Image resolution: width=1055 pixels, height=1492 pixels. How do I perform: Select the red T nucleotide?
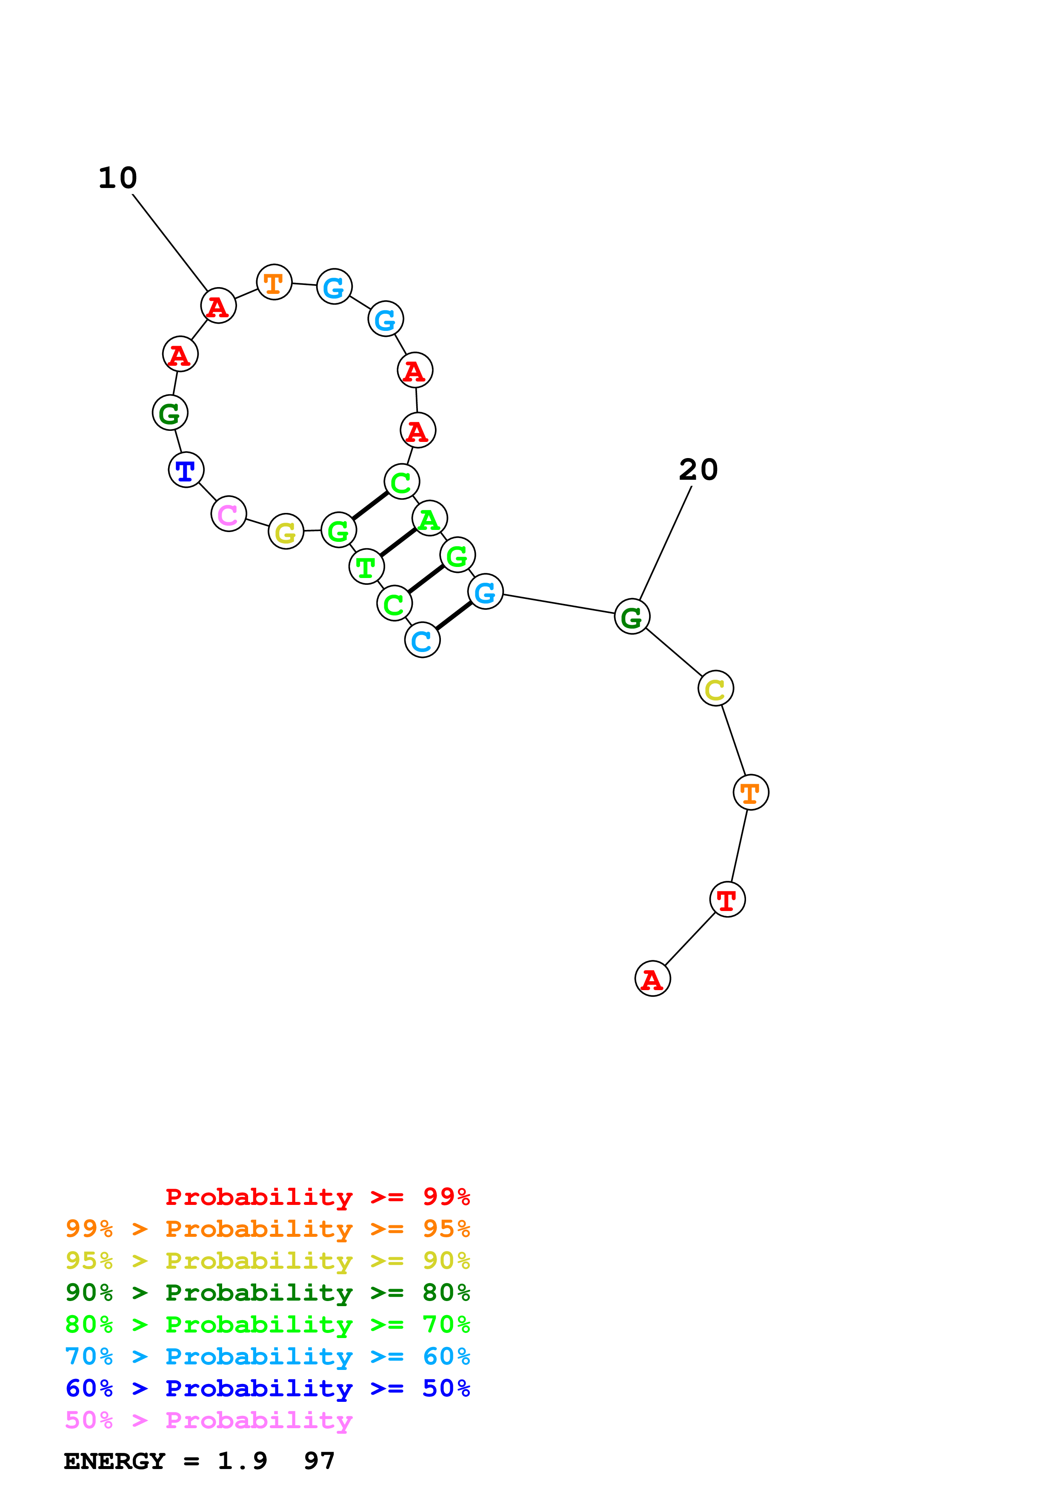(x=727, y=900)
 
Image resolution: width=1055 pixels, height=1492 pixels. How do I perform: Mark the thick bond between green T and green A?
(x=398, y=543)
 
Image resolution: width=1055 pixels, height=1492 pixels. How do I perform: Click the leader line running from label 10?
(x=170, y=242)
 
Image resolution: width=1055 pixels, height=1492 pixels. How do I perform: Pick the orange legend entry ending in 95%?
(x=267, y=1229)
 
